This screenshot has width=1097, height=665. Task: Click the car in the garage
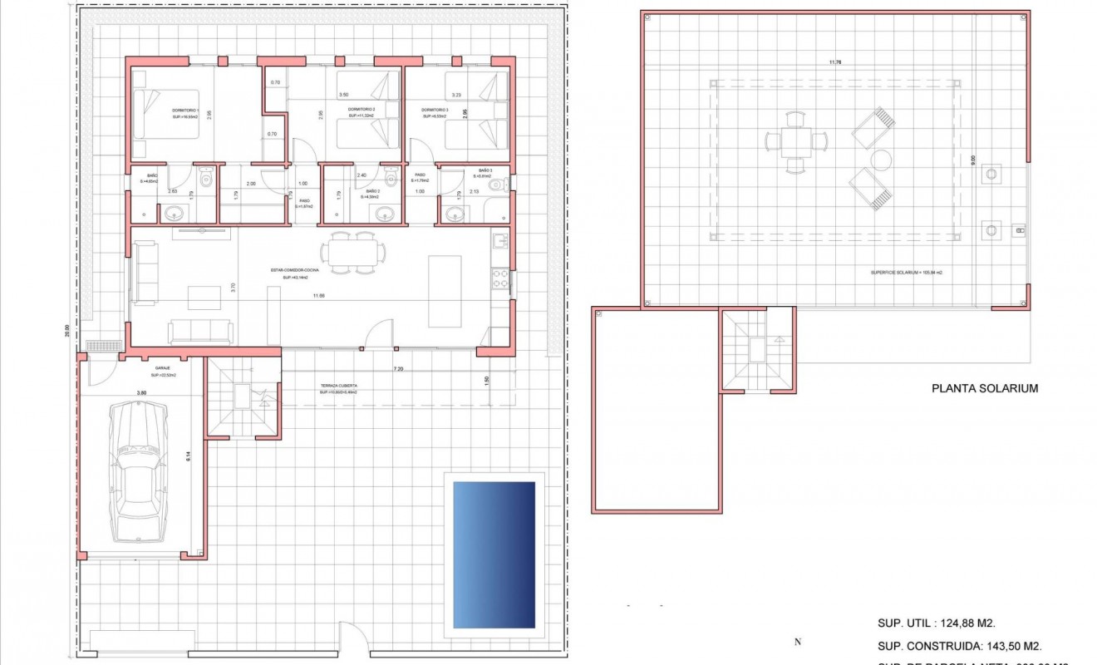click(x=138, y=470)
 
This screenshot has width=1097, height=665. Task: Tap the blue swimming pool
click(x=494, y=554)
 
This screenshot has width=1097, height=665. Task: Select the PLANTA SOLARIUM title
click(x=985, y=388)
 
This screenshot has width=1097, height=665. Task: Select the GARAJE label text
click(x=163, y=367)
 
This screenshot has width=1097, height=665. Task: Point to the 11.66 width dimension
click(x=318, y=296)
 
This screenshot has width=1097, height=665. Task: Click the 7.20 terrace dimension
click(x=400, y=368)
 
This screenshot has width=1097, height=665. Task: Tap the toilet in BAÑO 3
click(x=497, y=185)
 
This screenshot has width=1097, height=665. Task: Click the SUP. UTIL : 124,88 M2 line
click(x=937, y=623)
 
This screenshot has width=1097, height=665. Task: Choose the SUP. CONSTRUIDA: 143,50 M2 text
click(x=960, y=645)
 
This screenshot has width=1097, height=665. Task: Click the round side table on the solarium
click(x=881, y=159)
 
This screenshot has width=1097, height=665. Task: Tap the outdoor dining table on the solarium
click(x=796, y=142)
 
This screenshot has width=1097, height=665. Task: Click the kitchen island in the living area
click(x=445, y=291)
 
